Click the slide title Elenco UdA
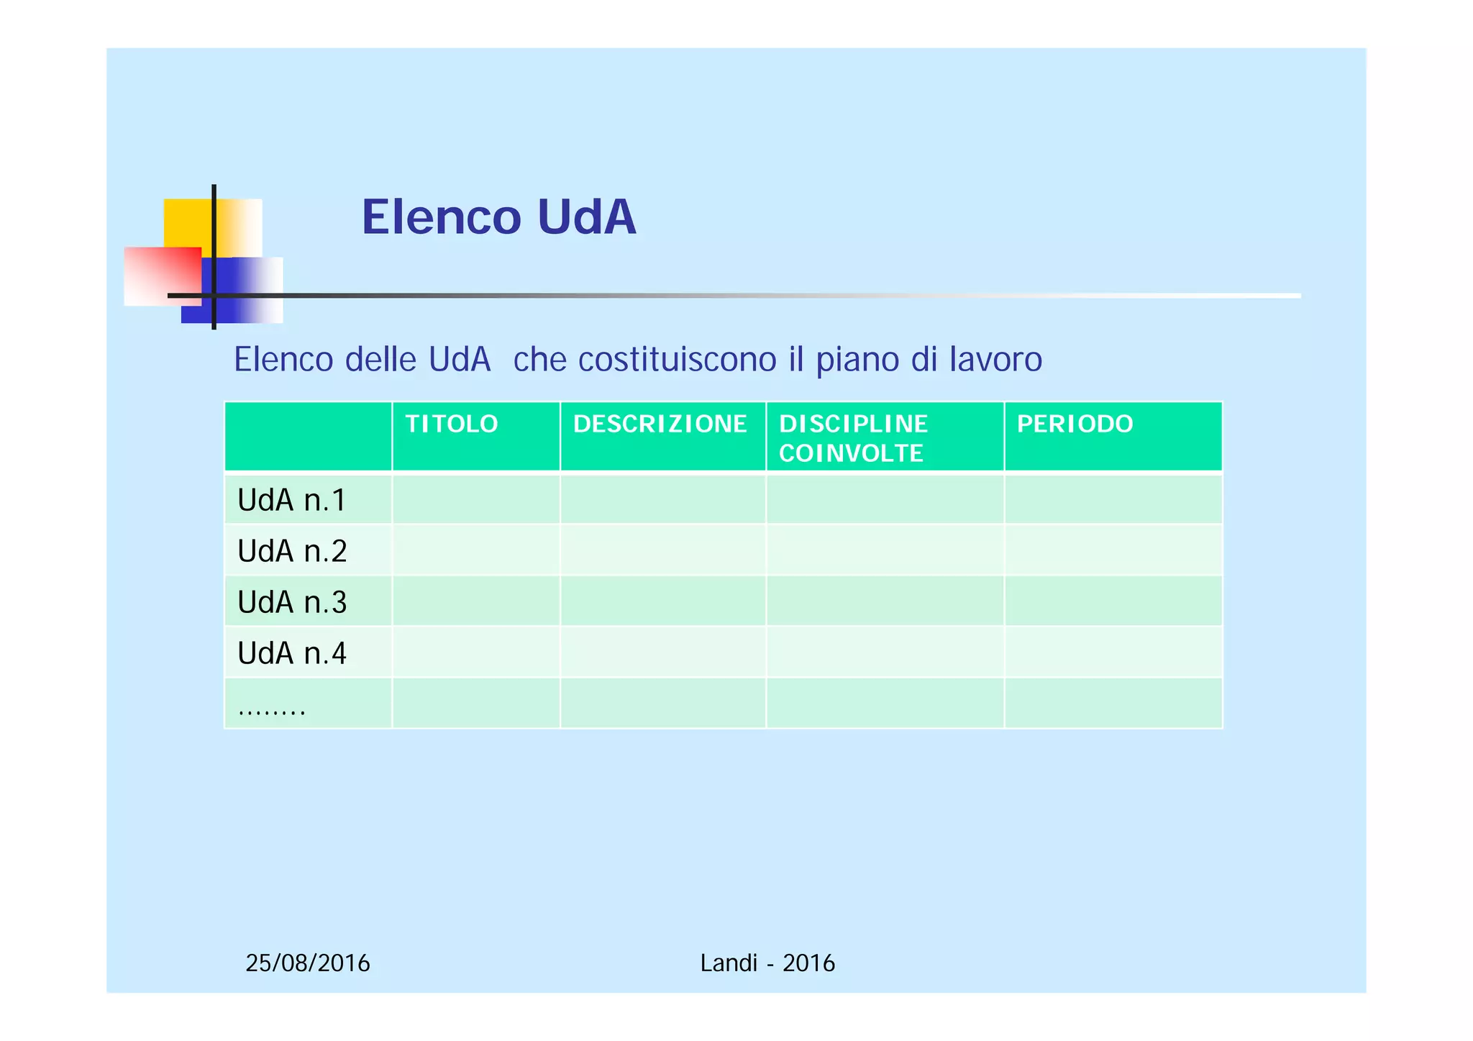click(498, 217)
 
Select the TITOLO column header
click(452, 424)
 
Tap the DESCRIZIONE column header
click(660, 424)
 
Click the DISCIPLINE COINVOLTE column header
click(853, 438)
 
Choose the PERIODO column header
click(1075, 424)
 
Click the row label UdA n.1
click(292, 500)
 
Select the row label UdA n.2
click(292, 551)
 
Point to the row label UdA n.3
click(292, 602)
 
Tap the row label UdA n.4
click(292, 653)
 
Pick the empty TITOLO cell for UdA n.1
click(475, 499)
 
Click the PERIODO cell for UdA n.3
click(1113, 601)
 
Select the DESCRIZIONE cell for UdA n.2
click(662, 550)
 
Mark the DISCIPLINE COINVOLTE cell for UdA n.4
click(885, 653)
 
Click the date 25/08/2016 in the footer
click(308, 963)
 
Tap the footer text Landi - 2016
click(767, 963)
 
